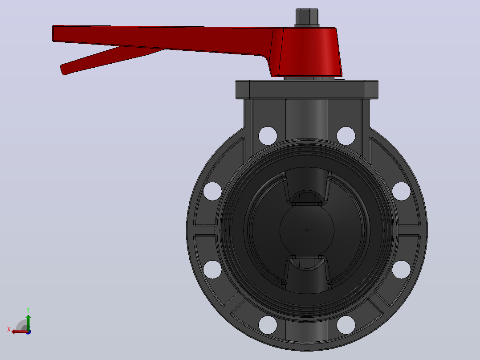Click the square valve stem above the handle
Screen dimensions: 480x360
tap(307, 17)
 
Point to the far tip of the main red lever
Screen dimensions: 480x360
tap(53, 33)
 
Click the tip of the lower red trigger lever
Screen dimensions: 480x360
tap(62, 70)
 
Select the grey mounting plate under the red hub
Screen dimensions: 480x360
tap(307, 90)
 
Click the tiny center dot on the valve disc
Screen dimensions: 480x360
tap(307, 230)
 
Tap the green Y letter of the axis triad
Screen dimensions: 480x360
tap(28, 310)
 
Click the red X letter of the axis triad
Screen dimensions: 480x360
tap(9, 329)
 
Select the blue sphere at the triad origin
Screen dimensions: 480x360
tap(28, 332)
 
